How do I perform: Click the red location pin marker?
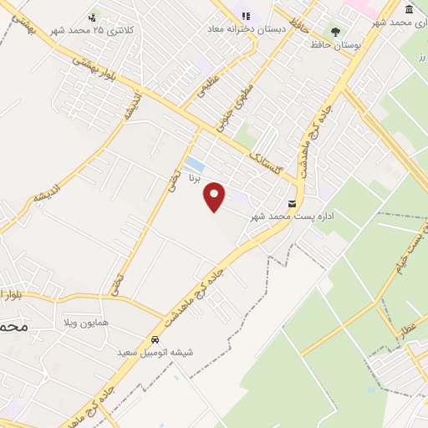[216, 197]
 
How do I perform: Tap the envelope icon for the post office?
[292, 203]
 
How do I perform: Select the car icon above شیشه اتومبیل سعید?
[155, 339]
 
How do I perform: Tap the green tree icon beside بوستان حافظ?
[335, 31]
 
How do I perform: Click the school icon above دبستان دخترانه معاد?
[247, 15]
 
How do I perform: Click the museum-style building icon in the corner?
[409, 9]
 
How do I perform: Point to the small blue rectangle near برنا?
[195, 163]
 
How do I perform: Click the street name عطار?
[410, 328]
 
